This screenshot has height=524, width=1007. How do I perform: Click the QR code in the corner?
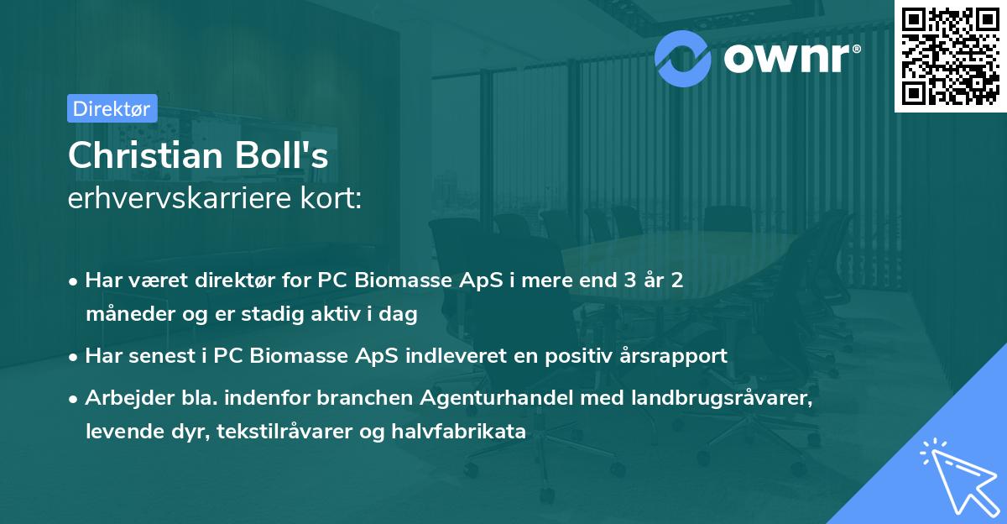[950, 56]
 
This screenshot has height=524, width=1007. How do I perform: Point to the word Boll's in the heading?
[283, 156]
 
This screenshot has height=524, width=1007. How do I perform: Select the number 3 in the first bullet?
[622, 280]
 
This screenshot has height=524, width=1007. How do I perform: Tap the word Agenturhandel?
[503, 397]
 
